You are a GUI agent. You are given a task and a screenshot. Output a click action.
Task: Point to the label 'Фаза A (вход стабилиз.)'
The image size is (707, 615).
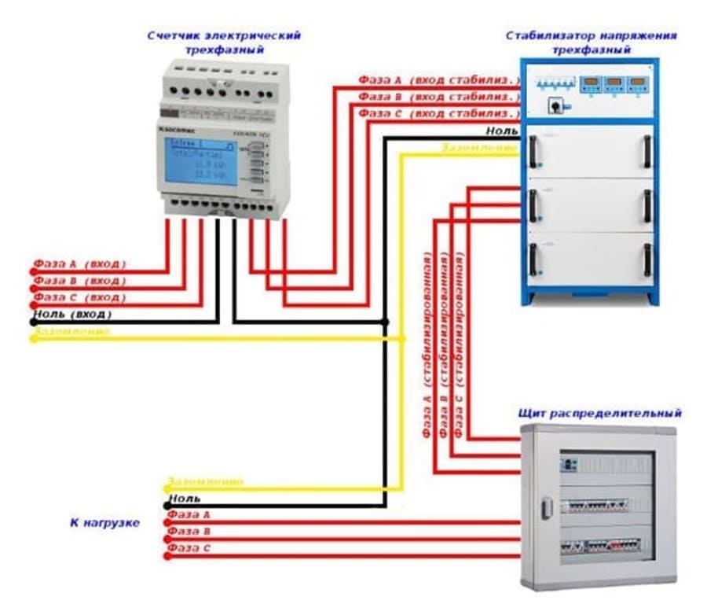(439, 80)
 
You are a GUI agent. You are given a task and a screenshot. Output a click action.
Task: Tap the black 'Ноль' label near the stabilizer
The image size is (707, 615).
(502, 131)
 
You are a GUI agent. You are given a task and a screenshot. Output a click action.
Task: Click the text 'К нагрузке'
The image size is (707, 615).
(104, 522)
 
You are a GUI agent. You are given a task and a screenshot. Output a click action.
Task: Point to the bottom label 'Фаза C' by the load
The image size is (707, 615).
(189, 547)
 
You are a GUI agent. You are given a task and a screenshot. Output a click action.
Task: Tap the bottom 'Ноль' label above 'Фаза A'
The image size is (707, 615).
(185, 498)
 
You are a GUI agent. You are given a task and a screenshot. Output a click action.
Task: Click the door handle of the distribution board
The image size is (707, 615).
(547, 508)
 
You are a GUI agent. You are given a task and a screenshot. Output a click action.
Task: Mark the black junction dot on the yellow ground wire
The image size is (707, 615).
(402, 338)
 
